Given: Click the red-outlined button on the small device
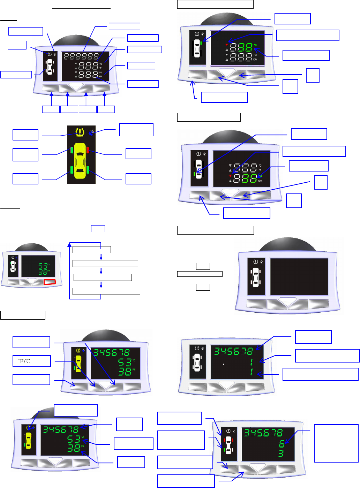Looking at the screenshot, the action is click(50, 282).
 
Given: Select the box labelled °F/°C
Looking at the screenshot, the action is click(32, 361).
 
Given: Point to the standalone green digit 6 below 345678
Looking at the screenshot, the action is click(282, 443).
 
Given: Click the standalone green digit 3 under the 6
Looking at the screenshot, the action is click(281, 453).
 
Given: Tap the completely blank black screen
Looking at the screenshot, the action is click(299, 277).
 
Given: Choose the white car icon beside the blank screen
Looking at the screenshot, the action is click(256, 277).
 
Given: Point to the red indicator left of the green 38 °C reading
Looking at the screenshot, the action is click(227, 45).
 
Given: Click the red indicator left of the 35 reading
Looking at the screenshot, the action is click(230, 176).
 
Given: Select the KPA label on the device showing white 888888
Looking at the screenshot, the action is click(100, 76).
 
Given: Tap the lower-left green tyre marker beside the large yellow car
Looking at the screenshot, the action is click(72, 170).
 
